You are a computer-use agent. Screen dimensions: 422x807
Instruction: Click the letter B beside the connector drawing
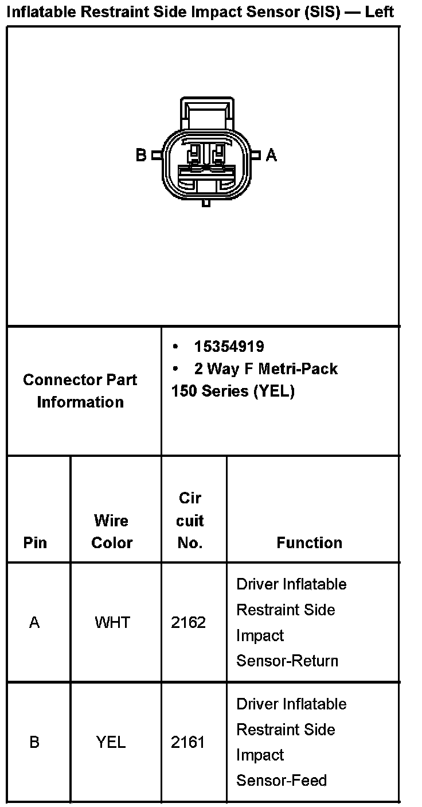pyautogui.click(x=141, y=155)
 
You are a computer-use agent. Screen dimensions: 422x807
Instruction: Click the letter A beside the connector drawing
pyautogui.click(x=271, y=155)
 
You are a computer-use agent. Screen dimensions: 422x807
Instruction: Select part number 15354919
pyautogui.click(x=229, y=347)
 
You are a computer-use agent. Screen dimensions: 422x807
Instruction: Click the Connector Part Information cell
pyautogui.click(x=80, y=391)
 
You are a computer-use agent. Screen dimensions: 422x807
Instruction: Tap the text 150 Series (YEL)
pyautogui.click(x=232, y=391)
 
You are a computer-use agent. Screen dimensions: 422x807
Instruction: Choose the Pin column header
pyautogui.click(x=35, y=543)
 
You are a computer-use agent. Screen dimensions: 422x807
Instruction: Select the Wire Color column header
pyautogui.click(x=112, y=531)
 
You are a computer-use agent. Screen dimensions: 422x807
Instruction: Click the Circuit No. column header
pyautogui.click(x=190, y=521)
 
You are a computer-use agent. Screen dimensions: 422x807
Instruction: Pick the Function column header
pyautogui.click(x=309, y=543)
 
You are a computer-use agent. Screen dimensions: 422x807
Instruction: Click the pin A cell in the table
pyautogui.click(x=34, y=623)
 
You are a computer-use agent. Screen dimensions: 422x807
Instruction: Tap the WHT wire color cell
pyautogui.click(x=112, y=623)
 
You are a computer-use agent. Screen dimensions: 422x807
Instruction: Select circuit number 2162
pyautogui.click(x=188, y=623)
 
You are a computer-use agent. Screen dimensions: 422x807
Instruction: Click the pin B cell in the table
pyautogui.click(x=34, y=742)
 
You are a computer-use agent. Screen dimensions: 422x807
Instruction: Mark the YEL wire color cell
pyautogui.click(x=111, y=742)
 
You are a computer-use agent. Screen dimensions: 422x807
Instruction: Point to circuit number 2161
pyautogui.click(x=188, y=742)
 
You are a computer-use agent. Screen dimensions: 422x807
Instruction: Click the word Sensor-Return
pyautogui.click(x=287, y=661)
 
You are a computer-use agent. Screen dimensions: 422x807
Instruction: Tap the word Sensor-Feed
pyautogui.click(x=282, y=781)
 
